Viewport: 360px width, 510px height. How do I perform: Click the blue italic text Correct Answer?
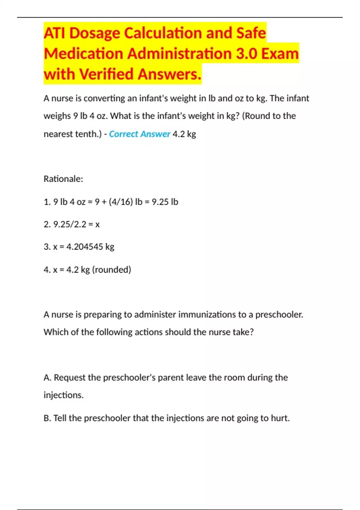(139, 134)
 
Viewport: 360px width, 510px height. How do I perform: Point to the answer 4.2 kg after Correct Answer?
(184, 134)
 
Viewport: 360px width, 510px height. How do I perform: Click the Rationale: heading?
(63, 179)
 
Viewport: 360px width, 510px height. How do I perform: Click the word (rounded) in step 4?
(112, 269)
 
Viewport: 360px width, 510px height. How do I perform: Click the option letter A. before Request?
(47, 377)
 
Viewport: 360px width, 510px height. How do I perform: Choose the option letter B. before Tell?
(47, 418)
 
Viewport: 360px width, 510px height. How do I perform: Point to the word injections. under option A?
(63, 395)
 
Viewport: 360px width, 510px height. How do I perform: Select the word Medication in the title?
(83, 54)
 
